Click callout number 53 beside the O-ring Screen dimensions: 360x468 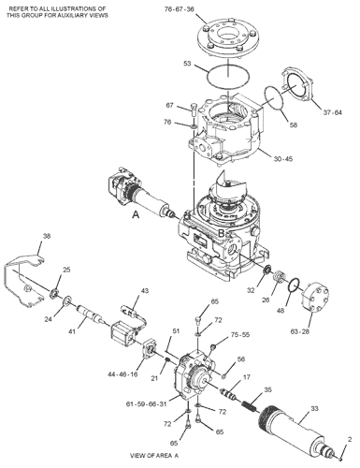coord(187,64)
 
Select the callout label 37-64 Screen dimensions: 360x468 coord(333,112)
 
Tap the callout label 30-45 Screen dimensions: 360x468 coord(283,159)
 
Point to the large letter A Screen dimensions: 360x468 coord(136,214)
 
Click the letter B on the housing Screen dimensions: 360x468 coord(221,233)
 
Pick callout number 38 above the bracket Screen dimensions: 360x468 coord(47,236)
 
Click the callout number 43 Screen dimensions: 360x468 coord(145,291)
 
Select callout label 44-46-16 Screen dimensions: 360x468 coord(122,374)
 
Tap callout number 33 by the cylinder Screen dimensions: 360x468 coord(314,408)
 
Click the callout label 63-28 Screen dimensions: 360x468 coord(300,331)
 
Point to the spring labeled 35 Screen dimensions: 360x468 coord(250,406)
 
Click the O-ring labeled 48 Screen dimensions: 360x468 coord(295,285)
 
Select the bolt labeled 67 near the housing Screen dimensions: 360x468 coord(193,110)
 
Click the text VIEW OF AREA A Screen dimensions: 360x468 coord(154,456)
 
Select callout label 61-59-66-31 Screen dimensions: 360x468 coord(147,404)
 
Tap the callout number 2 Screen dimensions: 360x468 coord(350,439)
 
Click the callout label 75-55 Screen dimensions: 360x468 coord(240,335)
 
